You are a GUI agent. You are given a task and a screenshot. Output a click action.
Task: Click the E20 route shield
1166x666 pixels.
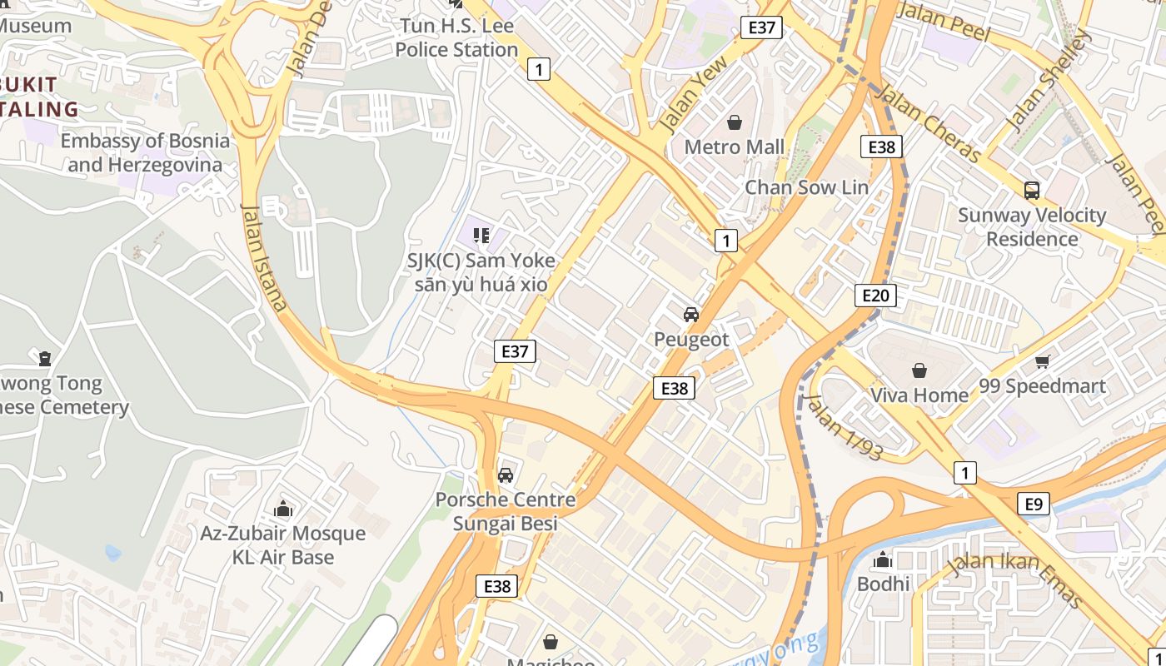tap(875, 296)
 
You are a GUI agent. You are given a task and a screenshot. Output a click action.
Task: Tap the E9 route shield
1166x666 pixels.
tap(1033, 504)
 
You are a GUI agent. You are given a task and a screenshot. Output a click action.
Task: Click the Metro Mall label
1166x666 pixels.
tap(734, 147)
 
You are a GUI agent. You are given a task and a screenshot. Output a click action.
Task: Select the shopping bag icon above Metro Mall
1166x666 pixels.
tap(735, 123)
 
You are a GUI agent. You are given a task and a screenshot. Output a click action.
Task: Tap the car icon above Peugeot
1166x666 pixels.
tap(690, 315)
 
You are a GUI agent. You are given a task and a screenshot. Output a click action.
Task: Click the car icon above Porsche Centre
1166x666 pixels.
tap(505, 475)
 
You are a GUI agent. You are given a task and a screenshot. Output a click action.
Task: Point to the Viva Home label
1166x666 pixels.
tap(919, 395)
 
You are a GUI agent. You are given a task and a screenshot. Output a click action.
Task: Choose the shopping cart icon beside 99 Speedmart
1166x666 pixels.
tap(1042, 361)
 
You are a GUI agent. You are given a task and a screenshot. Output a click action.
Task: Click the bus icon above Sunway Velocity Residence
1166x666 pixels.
tap(1032, 190)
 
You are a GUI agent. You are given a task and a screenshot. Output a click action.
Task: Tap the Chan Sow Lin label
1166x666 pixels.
tap(806, 187)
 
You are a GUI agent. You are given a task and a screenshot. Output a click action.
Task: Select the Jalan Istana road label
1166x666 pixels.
tap(264, 256)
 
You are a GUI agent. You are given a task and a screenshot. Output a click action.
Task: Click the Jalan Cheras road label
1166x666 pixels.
tap(929, 123)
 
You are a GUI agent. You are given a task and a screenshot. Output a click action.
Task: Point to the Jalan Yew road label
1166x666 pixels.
tap(692, 93)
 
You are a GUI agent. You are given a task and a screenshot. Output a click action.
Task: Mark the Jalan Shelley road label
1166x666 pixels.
tap(1048, 80)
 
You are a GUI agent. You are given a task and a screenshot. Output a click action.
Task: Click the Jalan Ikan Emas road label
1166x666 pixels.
tap(1016, 579)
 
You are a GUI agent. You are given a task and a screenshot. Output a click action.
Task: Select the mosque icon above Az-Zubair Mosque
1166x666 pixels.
tap(283, 509)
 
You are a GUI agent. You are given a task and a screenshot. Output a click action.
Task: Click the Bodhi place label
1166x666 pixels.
tap(883, 584)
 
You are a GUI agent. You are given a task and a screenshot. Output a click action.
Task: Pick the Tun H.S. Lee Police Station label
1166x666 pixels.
tap(456, 37)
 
